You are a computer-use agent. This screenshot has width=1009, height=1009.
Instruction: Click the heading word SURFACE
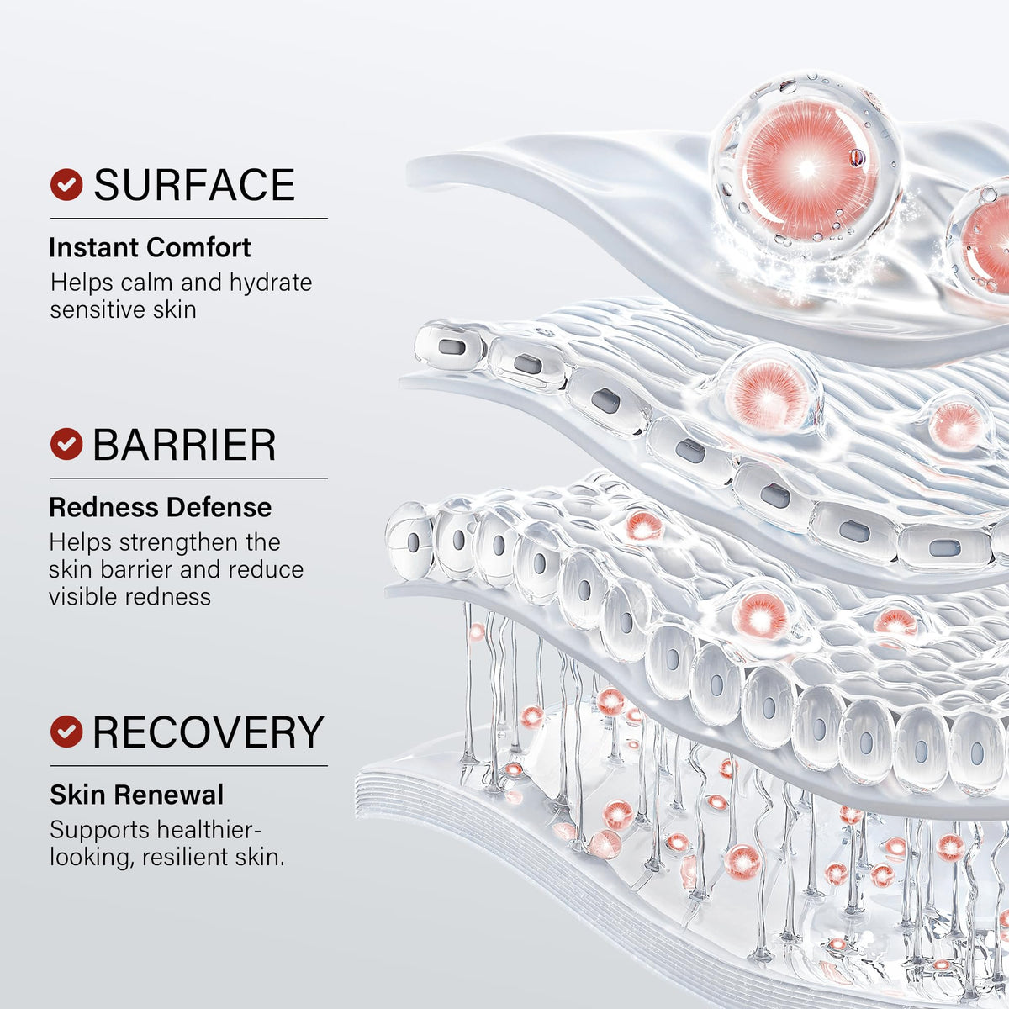(194, 184)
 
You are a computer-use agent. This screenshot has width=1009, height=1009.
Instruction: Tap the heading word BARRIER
(184, 445)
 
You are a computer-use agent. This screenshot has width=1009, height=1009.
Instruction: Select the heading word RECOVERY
(209, 732)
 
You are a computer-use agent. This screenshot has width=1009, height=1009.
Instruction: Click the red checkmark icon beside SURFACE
(66, 184)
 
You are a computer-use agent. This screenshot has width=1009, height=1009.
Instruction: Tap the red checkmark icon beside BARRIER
(66, 444)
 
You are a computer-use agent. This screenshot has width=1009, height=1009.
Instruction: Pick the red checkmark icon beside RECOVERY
(66, 731)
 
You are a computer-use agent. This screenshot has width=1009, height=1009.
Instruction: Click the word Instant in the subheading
(94, 248)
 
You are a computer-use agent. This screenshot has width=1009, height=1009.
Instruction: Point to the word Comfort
(198, 248)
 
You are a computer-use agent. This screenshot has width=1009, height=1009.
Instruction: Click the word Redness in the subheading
(104, 507)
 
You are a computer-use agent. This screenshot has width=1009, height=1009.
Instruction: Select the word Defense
(219, 507)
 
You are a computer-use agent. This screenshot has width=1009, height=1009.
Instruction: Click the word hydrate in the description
(271, 283)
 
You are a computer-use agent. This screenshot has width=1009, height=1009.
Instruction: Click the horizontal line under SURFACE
(189, 219)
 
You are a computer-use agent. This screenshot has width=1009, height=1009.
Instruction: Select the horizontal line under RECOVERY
(189, 765)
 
